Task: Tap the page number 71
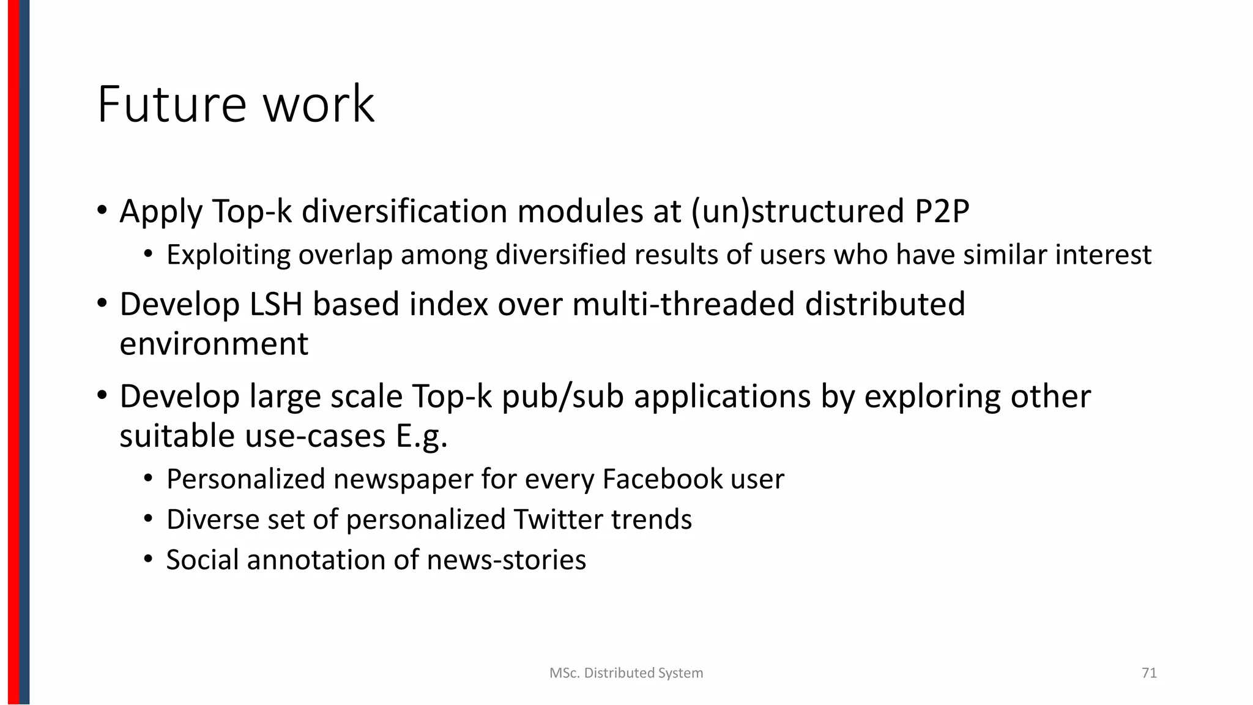(x=1149, y=673)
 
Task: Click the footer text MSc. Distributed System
(x=626, y=673)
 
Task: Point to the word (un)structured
(x=798, y=211)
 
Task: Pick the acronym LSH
(x=276, y=304)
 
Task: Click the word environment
(x=214, y=343)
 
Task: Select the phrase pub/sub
(x=562, y=397)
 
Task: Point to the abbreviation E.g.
(x=422, y=436)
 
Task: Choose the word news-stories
(x=507, y=560)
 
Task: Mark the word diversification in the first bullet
(x=404, y=211)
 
